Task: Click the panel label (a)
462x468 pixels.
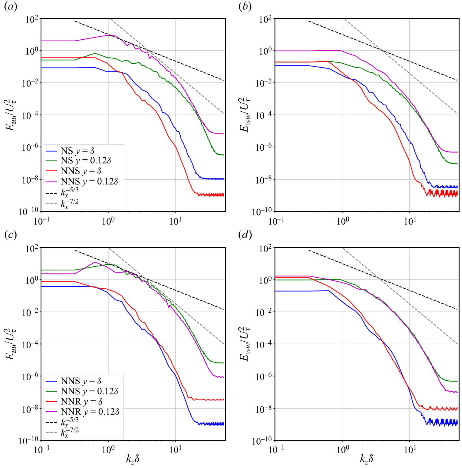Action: pos(11,7)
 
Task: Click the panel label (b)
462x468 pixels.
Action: pos(245,7)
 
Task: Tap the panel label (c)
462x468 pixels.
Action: pos(11,235)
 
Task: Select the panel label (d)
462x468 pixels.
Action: pos(245,235)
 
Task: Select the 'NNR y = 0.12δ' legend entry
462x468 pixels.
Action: pos(90,412)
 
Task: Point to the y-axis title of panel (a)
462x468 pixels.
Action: pos(11,115)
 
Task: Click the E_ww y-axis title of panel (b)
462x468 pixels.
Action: pos(245,115)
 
